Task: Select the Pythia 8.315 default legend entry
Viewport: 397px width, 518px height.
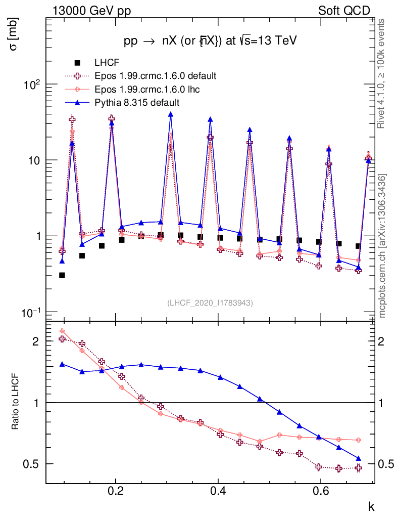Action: point(137,102)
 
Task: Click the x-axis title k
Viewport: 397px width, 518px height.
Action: point(371,506)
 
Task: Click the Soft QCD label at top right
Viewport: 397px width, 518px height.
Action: point(344,11)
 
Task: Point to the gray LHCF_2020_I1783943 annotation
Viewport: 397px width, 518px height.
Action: point(210,303)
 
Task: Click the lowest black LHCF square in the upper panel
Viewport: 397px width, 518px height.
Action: point(62,275)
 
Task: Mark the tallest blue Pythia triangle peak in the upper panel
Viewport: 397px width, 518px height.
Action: point(171,115)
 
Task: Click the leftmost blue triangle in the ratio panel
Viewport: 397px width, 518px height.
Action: point(62,364)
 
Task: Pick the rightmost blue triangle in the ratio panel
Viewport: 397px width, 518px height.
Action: point(359,458)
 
